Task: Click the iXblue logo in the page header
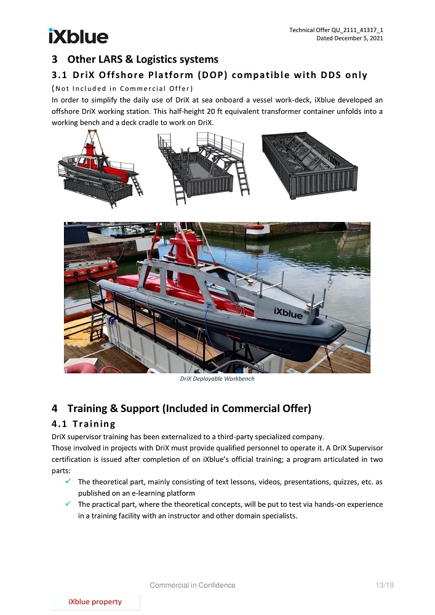click(x=78, y=36)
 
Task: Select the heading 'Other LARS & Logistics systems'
click(x=143, y=60)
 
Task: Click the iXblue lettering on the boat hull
click(x=289, y=313)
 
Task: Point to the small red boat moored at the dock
click(x=90, y=269)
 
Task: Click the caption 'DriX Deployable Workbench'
click(x=217, y=379)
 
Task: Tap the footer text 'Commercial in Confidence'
click(x=193, y=585)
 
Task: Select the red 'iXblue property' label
click(x=95, y=601)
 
